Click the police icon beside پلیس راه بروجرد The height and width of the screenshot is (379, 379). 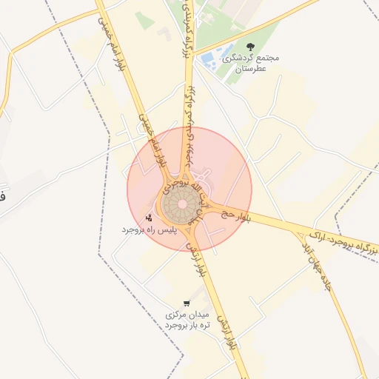pos(149,218)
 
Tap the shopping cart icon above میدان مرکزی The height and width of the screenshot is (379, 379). pos(186,302)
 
